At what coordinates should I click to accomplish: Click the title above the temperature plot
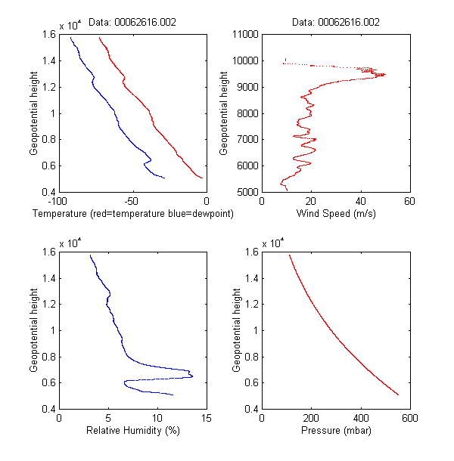point(132,23)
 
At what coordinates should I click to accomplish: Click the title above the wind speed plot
point(336,23)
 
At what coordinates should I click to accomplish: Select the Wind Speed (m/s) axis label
point(336,215)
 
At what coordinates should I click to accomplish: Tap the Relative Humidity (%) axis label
point(132,431)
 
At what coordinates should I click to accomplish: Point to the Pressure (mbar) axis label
point(336,431)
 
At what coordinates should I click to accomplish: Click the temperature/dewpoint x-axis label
point(132,215)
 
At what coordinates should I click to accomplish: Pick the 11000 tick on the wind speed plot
point(245,34)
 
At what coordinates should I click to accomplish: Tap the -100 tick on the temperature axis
point(56,202)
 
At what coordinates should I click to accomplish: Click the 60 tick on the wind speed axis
point(409,202)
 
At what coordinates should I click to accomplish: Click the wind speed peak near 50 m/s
point(384,74)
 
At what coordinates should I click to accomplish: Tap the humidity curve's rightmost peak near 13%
point(192,376)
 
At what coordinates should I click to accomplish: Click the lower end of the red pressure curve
point(398,394)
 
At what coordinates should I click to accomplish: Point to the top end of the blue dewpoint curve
point(70,37)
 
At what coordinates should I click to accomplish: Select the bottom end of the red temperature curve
point(203,178)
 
